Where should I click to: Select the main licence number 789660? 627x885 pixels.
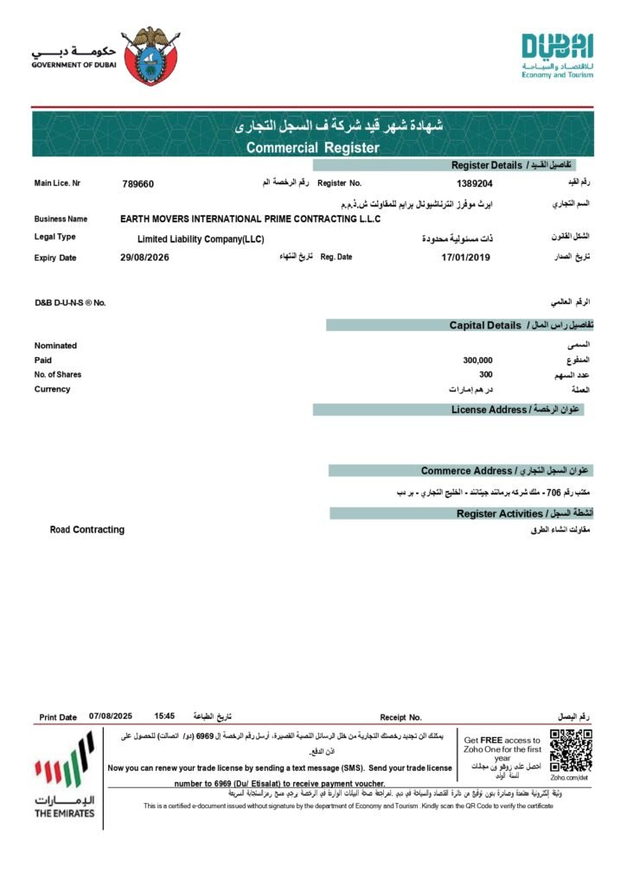pos(138,183)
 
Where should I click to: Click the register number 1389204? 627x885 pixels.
pos(474,183)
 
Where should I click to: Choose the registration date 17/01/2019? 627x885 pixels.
pos(465,258)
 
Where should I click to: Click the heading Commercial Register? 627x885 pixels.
pos(312,148)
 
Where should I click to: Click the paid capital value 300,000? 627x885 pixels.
pos(477,360)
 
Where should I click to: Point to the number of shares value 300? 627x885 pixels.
pos(485,374)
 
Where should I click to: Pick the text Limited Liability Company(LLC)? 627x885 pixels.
pos(201,239)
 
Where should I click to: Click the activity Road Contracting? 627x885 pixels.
pos(87,529)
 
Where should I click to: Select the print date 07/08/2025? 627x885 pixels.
pos(111,716)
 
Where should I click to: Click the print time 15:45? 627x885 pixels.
pos(164,716)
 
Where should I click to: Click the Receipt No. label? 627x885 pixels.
pos(400,717)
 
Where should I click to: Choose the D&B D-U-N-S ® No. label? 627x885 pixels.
pos(70,302)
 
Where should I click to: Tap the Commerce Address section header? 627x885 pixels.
pos(466,471)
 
